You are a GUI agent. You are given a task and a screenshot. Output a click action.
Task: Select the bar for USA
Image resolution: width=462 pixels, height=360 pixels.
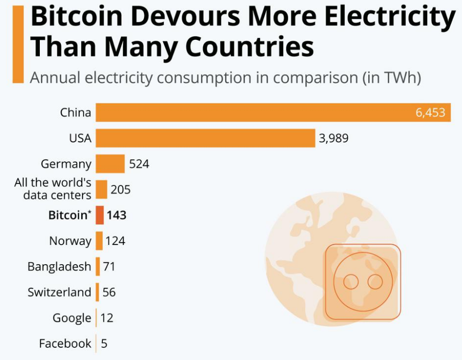205,138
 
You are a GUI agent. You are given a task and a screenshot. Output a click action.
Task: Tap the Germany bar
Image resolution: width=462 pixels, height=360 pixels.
110,164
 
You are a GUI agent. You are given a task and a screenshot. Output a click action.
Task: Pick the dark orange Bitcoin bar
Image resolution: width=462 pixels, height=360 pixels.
100,215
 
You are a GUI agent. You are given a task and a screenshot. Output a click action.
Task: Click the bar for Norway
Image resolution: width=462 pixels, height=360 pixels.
99,241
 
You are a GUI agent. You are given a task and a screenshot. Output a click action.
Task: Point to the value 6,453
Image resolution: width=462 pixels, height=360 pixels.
430,112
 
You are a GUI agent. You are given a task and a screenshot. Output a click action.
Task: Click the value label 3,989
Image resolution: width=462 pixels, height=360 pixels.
334,138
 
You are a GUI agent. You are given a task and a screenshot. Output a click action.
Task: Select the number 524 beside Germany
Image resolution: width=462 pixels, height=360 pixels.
139,164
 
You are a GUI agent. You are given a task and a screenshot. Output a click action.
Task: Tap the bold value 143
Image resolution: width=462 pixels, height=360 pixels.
116,215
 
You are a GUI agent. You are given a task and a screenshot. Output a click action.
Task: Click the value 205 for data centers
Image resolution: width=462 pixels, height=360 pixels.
120,190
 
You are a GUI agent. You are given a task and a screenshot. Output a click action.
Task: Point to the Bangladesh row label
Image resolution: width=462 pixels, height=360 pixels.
59,266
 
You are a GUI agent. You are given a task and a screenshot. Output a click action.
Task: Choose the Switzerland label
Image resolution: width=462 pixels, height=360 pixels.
59,292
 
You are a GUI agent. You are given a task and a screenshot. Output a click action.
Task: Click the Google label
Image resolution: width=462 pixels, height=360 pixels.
72,318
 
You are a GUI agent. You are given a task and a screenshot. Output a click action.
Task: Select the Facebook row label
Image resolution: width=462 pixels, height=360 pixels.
65,344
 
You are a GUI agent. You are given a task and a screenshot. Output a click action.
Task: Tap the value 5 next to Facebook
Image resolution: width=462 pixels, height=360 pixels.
104,344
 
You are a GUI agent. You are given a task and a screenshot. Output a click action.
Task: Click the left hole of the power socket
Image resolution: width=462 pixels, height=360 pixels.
351,282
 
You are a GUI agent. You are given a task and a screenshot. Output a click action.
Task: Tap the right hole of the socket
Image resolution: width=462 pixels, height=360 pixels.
375,282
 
